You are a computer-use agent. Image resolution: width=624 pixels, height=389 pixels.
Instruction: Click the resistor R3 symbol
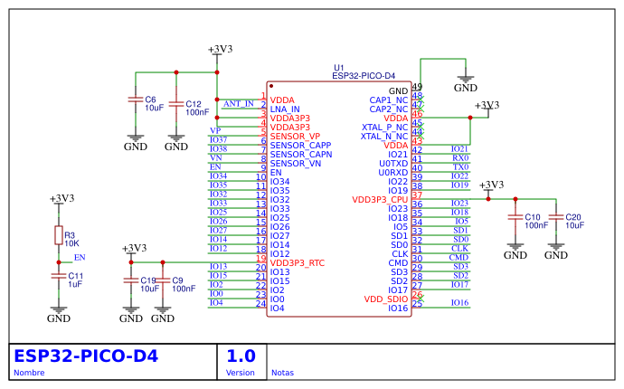tap(59, 236)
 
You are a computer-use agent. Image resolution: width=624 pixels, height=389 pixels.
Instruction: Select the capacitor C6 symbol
tap(135, 100)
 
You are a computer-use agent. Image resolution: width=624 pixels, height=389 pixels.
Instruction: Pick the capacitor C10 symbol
tap(515, 218)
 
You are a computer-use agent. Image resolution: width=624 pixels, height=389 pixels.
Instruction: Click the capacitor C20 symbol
tap(556, 218)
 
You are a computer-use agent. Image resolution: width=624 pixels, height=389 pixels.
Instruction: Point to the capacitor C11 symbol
tap(59, 276)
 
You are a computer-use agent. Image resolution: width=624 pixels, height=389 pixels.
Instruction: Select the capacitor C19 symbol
tap(131, 280)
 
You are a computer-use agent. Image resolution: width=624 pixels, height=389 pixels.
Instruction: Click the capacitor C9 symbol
tap(163, 280)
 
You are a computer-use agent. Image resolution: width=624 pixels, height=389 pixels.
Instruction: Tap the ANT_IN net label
tap(238, 104)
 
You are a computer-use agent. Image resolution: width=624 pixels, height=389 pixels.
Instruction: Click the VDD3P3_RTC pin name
tap(297, 263)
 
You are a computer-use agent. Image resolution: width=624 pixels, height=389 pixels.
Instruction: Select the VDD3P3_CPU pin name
tap(380, 200)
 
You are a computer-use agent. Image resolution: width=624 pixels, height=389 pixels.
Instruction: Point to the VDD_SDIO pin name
tap(386, 299)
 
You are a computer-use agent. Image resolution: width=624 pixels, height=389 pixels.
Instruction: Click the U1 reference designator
tap(339, 68)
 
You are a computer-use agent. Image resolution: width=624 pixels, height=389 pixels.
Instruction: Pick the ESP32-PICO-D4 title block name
tap(86, 356)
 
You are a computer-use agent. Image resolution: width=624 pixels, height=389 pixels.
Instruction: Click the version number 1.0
tap(241, 356)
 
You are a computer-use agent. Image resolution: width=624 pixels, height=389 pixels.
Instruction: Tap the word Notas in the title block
tap(283, 373)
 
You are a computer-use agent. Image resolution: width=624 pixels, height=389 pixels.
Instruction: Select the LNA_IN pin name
tap(285, 109)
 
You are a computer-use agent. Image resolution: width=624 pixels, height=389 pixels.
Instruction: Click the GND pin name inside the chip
tap(398, 91)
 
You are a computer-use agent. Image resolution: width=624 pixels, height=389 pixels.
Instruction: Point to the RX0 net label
tap(460, 158)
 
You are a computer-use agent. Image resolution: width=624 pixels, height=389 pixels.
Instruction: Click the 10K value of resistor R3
tap(71, 244)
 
